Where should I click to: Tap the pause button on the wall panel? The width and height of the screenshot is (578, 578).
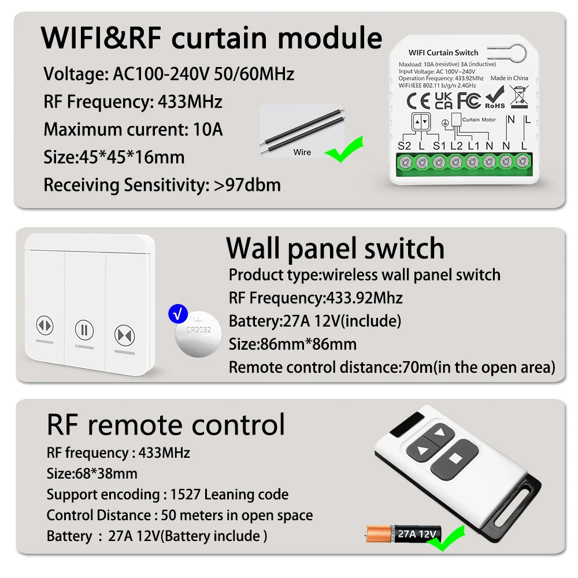pyautogui.click(x=84, y=331)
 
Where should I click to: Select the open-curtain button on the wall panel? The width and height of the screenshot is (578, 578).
pyautogui.click(x=44, y=325)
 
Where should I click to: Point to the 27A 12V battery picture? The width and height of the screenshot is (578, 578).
pyautogui.click(x=404, y=533)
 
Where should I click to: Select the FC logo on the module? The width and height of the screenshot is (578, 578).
pyautogui.click(x=469, y=100)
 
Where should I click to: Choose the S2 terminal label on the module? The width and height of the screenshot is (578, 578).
pyautogui.click(x=405, y=146)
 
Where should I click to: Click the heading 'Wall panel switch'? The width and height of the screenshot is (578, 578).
pyautogui.click(x=335, y=249)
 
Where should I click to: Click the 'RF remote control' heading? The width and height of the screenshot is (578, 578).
pyautogui.click(x=166, y=425)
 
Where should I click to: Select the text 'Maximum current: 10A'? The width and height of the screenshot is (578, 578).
pyautogui.click(x=133, y=129)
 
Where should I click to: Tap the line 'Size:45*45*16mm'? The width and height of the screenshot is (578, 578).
pyautogui.click(x=114, y=157)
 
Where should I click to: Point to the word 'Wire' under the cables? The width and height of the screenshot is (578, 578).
pyautogui.click(x=302, y=152)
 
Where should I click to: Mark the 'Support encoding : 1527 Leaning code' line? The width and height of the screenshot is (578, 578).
pyautogui.click(x=167, y=494)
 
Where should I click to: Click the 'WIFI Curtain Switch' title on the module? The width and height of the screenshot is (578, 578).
pyautogui.click(x=443, y=53)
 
